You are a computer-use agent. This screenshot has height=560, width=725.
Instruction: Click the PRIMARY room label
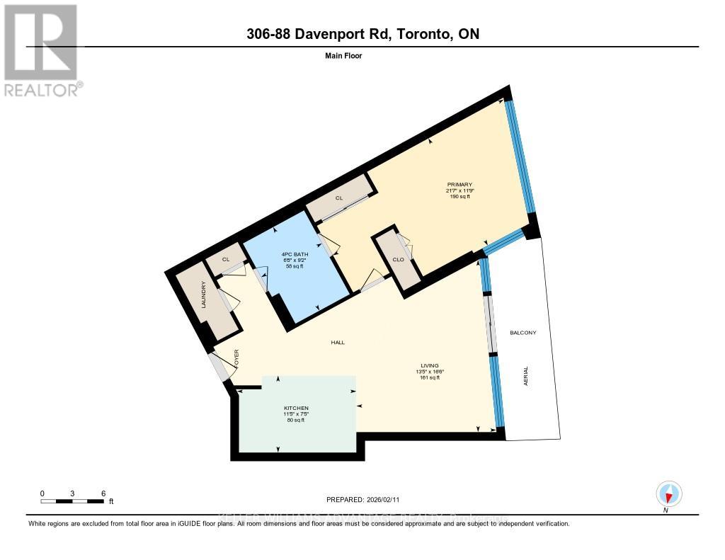click(459, 185)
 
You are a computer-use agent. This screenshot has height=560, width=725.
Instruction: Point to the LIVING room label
click(429, 366)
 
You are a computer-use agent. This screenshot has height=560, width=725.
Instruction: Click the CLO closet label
click(399, 260)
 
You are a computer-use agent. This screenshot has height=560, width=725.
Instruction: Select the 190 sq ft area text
click(459, 197)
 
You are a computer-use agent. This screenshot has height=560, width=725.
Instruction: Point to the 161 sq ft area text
click(429, 378)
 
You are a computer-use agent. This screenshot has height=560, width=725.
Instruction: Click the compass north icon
click(668, 493)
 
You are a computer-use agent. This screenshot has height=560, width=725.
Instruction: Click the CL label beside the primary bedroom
click(339, 199)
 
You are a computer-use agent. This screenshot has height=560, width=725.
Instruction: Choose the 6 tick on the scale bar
click(103, 493)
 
